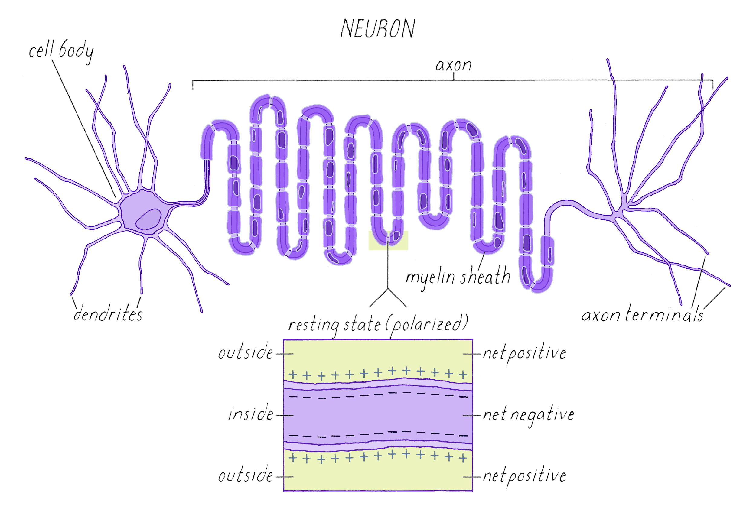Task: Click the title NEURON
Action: coord(378,29)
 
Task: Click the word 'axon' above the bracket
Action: coord(453,65)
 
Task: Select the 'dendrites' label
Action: coord(108,314)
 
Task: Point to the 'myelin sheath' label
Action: coord(458,277)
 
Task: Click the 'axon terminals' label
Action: coord(642,314)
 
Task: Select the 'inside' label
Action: coord(251,414)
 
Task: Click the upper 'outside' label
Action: coord(246,353)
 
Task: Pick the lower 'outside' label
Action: coord(246,476)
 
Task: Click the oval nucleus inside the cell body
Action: coord(148,219)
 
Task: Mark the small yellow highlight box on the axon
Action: coord(388,241)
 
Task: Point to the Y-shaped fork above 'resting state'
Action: coord(388,290)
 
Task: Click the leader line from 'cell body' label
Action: coord(84,128)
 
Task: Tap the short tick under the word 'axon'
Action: coord(454,76)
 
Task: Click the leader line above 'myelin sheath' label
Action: coord(481,261)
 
